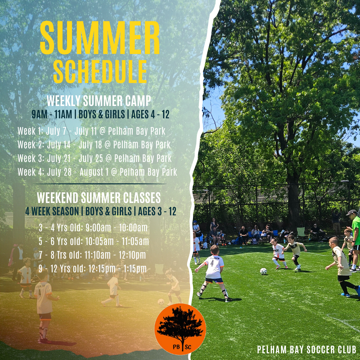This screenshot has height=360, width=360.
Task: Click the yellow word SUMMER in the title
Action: [100, 38]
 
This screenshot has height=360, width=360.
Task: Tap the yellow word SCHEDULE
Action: [100, 72]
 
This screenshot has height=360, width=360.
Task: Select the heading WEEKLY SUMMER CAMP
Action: [99, 101]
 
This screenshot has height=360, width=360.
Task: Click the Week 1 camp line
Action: [91, 131]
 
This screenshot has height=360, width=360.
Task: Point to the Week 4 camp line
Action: [97, 172]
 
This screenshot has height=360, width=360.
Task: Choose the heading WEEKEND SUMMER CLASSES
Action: [99, 197]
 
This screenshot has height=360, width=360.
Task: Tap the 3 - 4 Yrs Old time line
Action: [93, 228]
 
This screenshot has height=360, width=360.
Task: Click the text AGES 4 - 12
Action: [150, 114]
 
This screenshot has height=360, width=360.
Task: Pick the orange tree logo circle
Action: [180, 329]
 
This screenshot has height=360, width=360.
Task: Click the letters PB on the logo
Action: [176, 347]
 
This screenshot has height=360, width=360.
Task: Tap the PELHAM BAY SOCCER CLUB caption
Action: [307, 349]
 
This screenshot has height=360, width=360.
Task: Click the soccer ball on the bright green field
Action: [263, 271]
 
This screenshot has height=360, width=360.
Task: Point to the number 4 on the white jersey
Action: [212, 263]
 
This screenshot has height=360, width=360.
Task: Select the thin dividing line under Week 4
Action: [99, 184]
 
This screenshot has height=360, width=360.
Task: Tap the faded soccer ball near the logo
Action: [161, 302]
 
